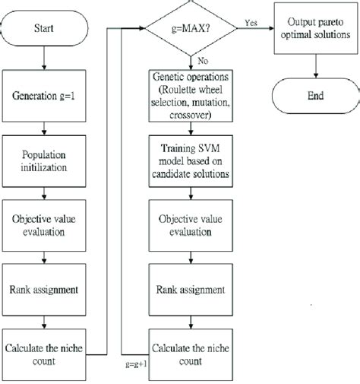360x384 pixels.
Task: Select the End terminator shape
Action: [x=315, y=96]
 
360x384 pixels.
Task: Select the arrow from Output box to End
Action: [x=315, y=67]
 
